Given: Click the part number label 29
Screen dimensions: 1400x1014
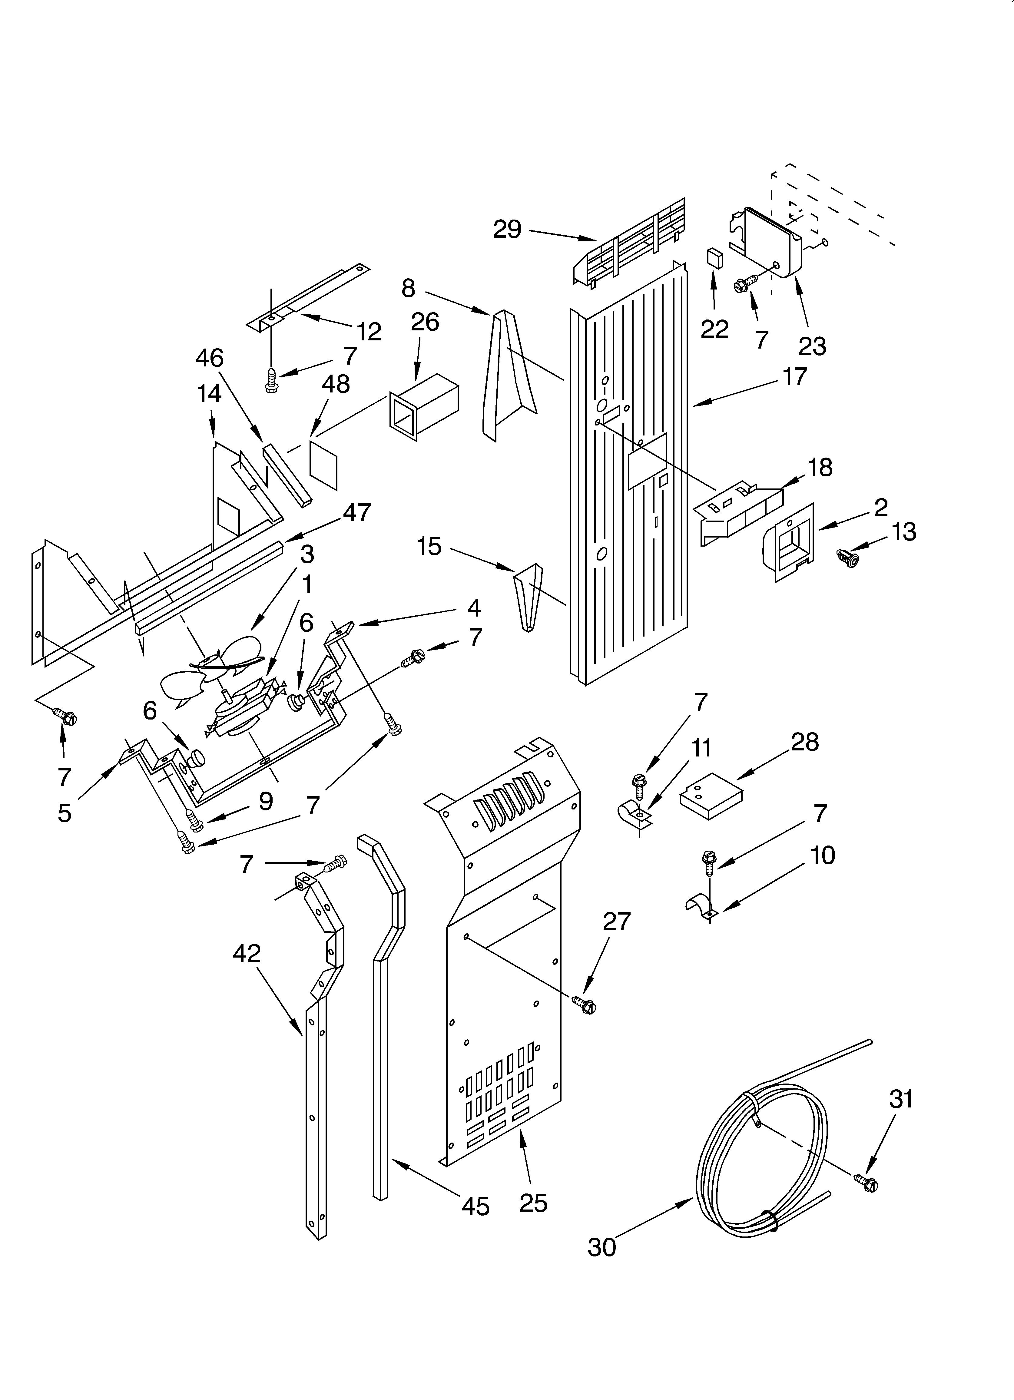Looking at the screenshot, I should pyautogui.click(x=507, y=230).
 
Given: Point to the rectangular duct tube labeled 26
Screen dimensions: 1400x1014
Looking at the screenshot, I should pyautogui.click(x=424, y=407).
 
